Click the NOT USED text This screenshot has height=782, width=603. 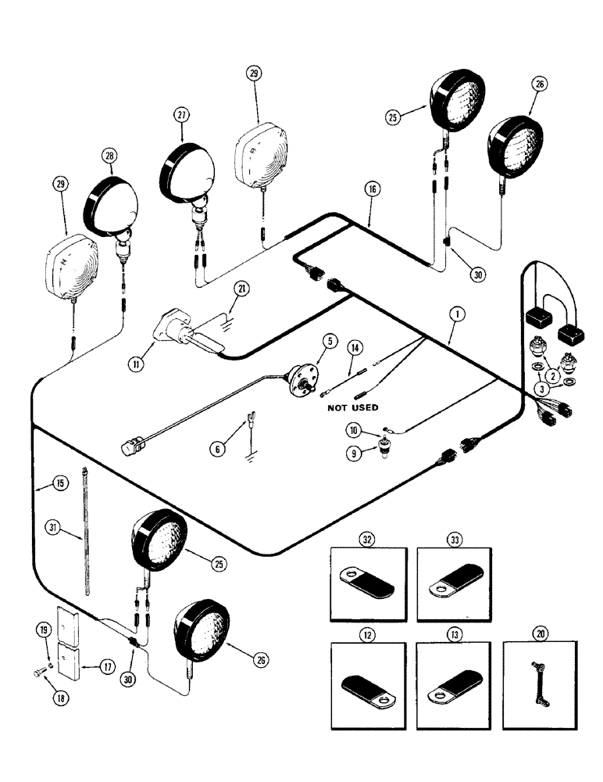pyautogui.click(x=348, y=407)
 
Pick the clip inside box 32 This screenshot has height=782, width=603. pyautogui.click(x=368, y=577)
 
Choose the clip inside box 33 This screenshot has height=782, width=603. pyautogui.click(x=453, y=577)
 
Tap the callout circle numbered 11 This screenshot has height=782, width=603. pyautogui.click(x=137, y=364)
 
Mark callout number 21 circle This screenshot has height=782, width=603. pyautogui.click(x=243, y=289)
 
